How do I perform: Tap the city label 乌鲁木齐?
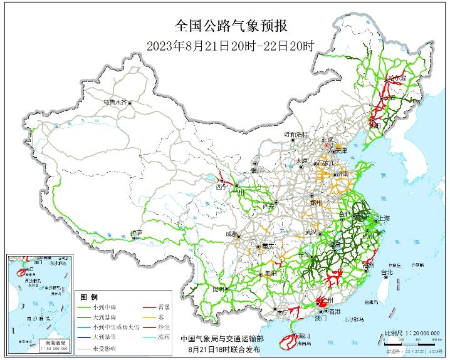pos(115,101)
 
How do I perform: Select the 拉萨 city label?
pos(137,233)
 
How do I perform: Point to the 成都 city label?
pos(233,234)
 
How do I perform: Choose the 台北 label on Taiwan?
pos(387,272)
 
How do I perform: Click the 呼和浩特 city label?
pos(296,135)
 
